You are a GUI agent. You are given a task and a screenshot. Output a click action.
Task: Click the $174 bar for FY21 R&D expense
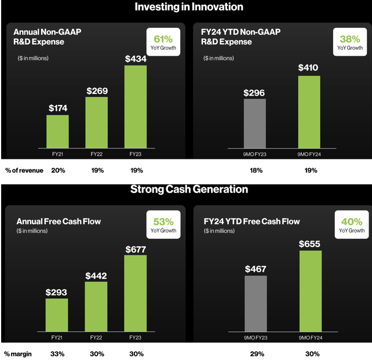point(57,132)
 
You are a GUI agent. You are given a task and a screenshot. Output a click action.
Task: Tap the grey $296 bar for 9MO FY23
point(255,124)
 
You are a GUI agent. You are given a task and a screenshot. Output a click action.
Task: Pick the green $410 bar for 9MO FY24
point(309,112)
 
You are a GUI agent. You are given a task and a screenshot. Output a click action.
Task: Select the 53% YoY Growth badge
point(163,225)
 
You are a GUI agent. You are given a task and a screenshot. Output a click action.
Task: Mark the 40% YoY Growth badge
point(349,225)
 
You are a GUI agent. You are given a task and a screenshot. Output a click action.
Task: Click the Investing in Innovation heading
point(189,7)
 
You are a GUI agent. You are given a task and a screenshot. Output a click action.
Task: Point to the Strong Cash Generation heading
point(189,189)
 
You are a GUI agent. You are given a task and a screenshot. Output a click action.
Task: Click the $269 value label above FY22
point(97,90)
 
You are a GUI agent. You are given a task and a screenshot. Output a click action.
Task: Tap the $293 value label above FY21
point(57,292)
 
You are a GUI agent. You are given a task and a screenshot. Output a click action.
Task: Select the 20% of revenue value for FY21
point(58,170)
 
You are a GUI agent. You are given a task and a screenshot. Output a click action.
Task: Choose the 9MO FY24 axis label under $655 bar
point(310,337)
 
